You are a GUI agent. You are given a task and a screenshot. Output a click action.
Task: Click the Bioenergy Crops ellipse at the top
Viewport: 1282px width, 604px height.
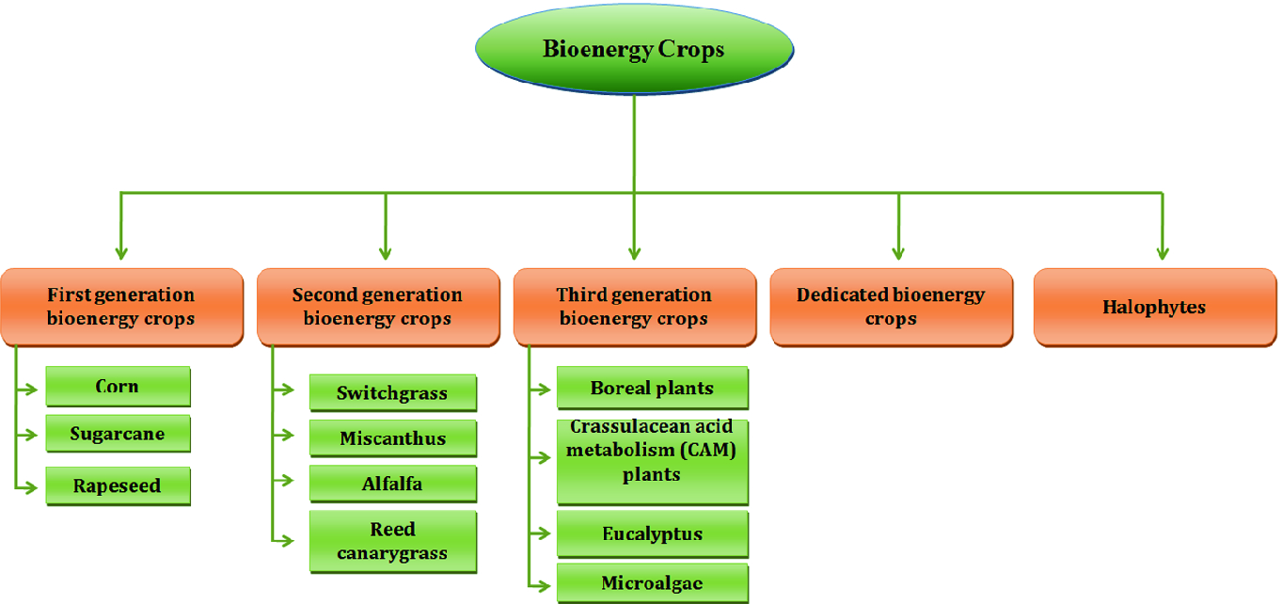[x=634, y=49]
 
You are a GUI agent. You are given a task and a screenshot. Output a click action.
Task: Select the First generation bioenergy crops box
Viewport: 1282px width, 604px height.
[x=122, y=308]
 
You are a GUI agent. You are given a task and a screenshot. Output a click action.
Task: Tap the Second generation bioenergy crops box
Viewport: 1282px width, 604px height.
[x=378, y=308]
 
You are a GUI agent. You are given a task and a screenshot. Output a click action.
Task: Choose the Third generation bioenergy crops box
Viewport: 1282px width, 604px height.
[x=635, y=308]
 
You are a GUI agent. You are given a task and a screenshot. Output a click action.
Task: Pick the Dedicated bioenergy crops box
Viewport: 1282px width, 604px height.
[x=891, y=308]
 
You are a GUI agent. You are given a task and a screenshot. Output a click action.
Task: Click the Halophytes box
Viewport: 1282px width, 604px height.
[x=1155, y=308]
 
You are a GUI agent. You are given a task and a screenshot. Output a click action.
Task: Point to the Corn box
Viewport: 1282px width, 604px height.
[x=118, y=387]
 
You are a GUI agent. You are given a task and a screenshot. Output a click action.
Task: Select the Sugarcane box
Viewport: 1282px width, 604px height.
[x=118, y=434]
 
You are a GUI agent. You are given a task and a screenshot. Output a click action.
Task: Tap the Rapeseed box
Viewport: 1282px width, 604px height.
[x=118, y=486]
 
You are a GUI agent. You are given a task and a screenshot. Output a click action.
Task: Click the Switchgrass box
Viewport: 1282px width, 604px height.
[x=392, y=392]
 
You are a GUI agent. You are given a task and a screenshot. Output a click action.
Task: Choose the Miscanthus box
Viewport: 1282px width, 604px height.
[x=392, y=438]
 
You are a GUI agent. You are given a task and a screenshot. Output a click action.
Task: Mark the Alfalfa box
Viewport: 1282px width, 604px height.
[x=392, y=484]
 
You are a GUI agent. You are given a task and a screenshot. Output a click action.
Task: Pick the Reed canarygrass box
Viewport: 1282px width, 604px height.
[x=392, y=542]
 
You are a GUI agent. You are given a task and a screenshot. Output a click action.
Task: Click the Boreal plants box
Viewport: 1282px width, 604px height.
[x=653, y=389]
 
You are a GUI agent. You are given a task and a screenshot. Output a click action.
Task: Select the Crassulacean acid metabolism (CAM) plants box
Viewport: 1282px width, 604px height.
[x=653, y=462]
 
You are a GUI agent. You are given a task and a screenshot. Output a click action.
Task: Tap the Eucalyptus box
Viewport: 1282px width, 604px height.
[x=653, y=534]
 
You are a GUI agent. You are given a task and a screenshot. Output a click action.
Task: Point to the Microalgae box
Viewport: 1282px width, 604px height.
[x=653, y=583]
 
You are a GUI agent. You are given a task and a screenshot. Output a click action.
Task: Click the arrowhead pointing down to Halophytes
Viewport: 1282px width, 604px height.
[x=1163, y=253]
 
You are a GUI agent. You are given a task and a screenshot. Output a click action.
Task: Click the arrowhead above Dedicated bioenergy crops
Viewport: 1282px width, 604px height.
[x=898, y=253]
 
